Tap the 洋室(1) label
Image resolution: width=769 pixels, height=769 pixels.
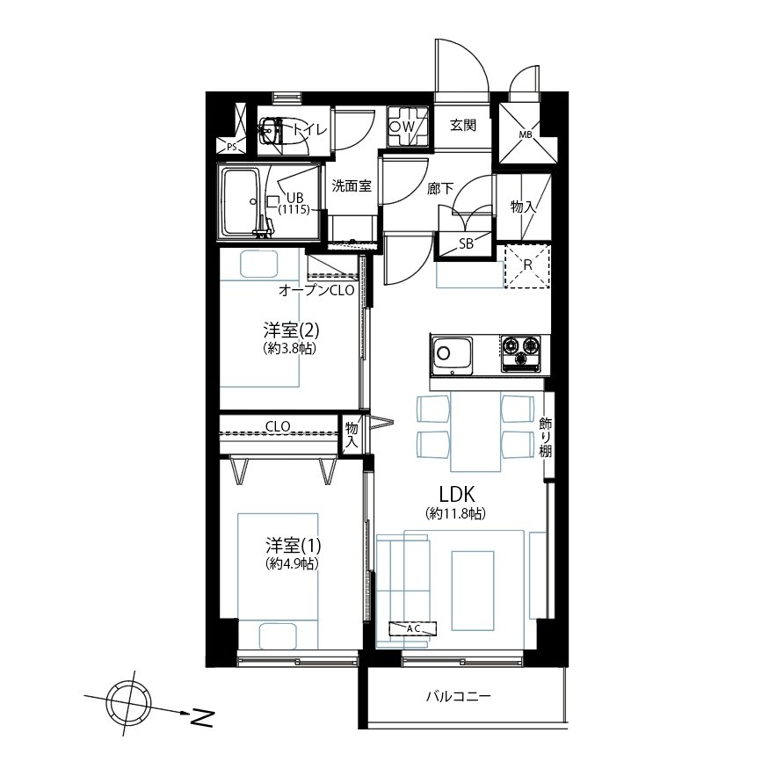294,545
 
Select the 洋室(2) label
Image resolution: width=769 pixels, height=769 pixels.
291,330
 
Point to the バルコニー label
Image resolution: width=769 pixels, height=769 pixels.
458,696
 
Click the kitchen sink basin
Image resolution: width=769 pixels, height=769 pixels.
452,354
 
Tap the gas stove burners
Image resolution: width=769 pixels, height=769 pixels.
520,352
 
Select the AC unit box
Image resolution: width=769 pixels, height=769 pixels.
412,628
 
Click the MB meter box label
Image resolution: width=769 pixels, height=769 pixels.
526,134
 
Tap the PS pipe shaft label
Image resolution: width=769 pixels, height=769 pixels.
232,147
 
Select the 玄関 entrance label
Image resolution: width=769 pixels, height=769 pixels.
463,125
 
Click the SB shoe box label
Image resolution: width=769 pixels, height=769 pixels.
466,243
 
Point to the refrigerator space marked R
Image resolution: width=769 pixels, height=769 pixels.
527,265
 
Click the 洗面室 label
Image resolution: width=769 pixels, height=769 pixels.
352,185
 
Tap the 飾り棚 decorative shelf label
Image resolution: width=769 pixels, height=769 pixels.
546,437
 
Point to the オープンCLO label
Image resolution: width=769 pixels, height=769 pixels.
316,290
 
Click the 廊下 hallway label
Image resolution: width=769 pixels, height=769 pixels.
440,188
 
